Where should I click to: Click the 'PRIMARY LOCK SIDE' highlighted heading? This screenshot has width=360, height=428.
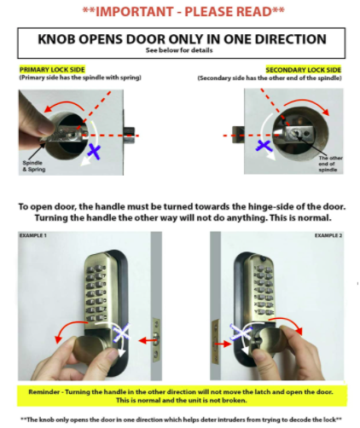coord(52,70)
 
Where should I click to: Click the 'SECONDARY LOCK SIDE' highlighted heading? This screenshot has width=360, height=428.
coord(303,70)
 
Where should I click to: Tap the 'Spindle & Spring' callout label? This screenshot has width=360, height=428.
coord(34,166)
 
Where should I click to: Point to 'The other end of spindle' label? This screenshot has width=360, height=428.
coord(330,164)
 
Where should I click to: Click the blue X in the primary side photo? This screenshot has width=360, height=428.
coord(94,151)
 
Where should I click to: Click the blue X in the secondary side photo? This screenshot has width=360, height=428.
coord(264,146)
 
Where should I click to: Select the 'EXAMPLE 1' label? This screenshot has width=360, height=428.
coord(32,235)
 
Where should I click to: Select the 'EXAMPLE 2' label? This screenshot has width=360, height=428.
coord(328,235)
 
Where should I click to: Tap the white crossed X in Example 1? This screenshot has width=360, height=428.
coord(121,333)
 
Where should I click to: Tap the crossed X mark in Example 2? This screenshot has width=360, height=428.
coord(241,332)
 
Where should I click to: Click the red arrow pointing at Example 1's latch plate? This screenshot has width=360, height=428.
coord(148,340)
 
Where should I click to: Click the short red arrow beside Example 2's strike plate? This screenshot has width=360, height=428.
coord(223,344)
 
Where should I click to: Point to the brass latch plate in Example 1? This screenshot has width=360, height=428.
coord(156,339)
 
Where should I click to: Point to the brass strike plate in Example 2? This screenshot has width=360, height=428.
coord(215,341)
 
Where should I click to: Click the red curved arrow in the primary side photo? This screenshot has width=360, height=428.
coord(65,105)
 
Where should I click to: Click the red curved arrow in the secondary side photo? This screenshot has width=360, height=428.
coord(307,105)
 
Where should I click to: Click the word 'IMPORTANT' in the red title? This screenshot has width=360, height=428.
coord(134,12)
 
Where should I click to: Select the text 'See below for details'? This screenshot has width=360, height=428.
coord(179,50)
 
